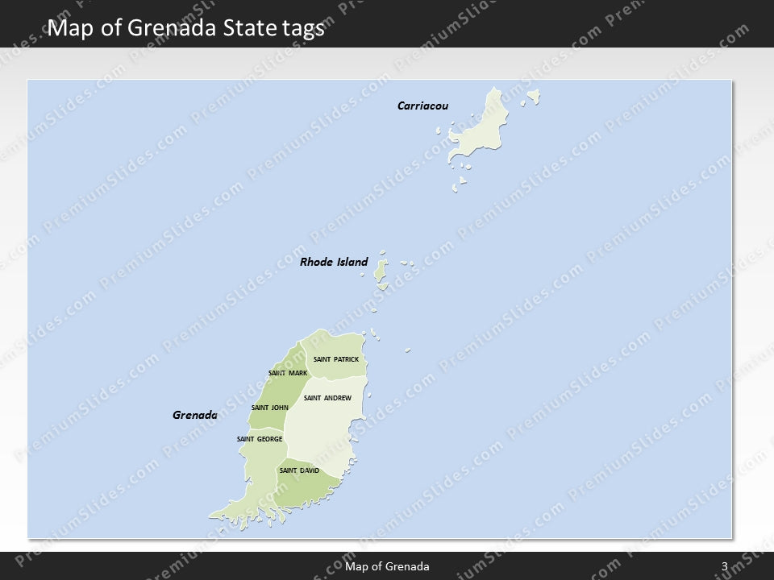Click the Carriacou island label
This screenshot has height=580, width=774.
coord(422,106)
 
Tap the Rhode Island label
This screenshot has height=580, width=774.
coord(333,262)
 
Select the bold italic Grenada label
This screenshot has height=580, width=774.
coord(195,416)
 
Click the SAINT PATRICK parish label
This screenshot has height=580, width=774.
coord(336,358)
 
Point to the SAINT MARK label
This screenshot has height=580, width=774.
coord(287,373)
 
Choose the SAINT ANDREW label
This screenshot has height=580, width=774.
coord(327,398)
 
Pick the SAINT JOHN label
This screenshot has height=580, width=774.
coord(270,408)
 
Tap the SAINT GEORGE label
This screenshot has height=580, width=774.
coord(260,439)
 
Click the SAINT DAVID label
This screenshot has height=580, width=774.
coord(299,470)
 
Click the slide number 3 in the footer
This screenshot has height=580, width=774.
coord(725,566)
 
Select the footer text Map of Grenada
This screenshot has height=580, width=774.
coord(387,566)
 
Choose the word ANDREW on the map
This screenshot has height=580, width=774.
coord(337,398)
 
